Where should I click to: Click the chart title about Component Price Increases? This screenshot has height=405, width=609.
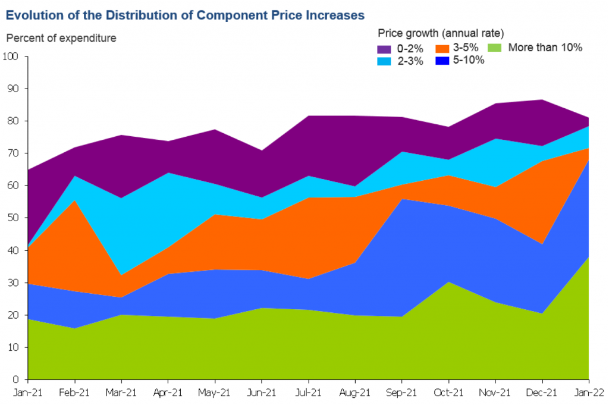[x=185, y=13]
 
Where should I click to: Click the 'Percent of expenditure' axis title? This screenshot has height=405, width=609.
[x=61, y=38]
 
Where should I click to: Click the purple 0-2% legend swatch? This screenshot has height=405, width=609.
[x=384, y=48]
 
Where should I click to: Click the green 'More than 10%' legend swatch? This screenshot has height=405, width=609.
[x=495, y=48]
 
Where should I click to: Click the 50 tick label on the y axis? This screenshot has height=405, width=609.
[x=13, y=218]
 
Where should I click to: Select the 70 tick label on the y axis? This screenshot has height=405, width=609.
[x=13, y=153]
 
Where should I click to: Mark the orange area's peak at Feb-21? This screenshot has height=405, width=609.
[x=74, y=200]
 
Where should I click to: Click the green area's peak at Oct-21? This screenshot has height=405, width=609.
[x=448, y=282]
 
